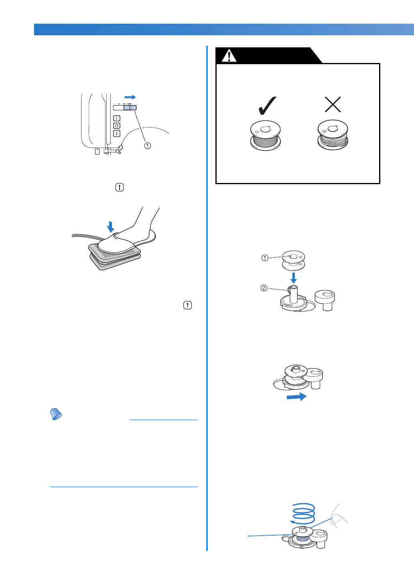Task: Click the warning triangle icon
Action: (x=229, y=56)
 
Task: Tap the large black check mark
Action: (x=267, y=106)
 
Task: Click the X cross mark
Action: (x=333, y=105)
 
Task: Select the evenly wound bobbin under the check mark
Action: (x=266, y=136)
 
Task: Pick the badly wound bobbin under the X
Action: (x=333, y=135)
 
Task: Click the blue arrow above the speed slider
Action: (x=130, y=97)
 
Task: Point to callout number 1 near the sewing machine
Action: (x=148, y=146)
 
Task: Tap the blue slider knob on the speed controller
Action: (x=130, y=108)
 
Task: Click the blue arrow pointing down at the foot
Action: (x=111, y=227)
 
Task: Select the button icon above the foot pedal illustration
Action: (x=120, y=187)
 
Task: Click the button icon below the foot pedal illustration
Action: (x=187, y=305)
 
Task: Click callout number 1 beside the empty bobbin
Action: (x=265, y=258)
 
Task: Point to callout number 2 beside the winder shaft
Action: (x=264, y=288)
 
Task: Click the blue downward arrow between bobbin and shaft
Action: (x=294, y=278)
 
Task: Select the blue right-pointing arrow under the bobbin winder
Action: (x=296, y=397)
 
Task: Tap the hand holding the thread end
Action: (x=338, y=518)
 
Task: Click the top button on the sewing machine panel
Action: (x=116, y=118)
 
